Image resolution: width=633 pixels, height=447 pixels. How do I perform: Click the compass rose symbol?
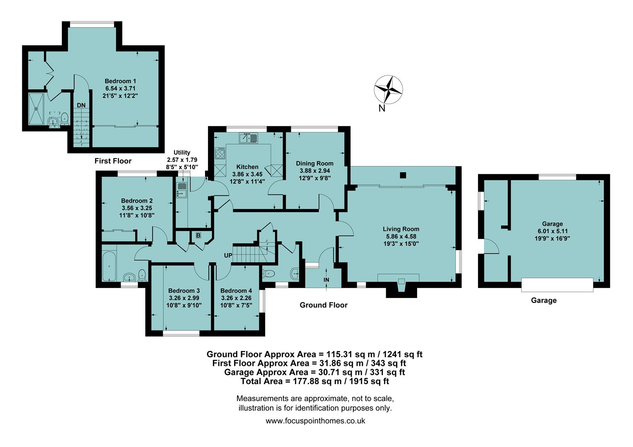(x=388, y=89)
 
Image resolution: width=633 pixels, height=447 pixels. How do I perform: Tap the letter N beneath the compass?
(x=382, y=108)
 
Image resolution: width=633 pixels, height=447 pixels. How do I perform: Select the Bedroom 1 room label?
(x=120, y=81)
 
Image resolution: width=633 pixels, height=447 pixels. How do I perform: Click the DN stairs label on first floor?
(x=81, y=106)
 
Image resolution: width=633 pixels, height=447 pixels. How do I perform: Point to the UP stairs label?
(x=228, y=255)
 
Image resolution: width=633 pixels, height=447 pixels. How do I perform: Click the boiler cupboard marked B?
(x=198, y=236)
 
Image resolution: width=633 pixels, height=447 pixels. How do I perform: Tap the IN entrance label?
(x=326, y=280)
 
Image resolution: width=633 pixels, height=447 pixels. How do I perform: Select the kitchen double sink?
(x=249, y=138)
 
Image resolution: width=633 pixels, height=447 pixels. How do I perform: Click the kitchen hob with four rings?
(x=220, y=154)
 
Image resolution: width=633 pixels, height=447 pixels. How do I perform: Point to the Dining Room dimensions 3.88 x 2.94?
(x=314, y=171)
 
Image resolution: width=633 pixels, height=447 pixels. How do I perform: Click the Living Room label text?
(x=401, y=229)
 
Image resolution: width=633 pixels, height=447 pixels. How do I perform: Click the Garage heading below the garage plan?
(x=544, y=300)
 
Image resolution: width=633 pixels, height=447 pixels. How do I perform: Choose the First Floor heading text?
(x=113, y=161)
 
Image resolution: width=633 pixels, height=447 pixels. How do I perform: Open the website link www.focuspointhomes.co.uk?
(x=315, y=421)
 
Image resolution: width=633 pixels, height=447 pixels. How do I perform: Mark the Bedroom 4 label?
(x=236, y=291)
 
